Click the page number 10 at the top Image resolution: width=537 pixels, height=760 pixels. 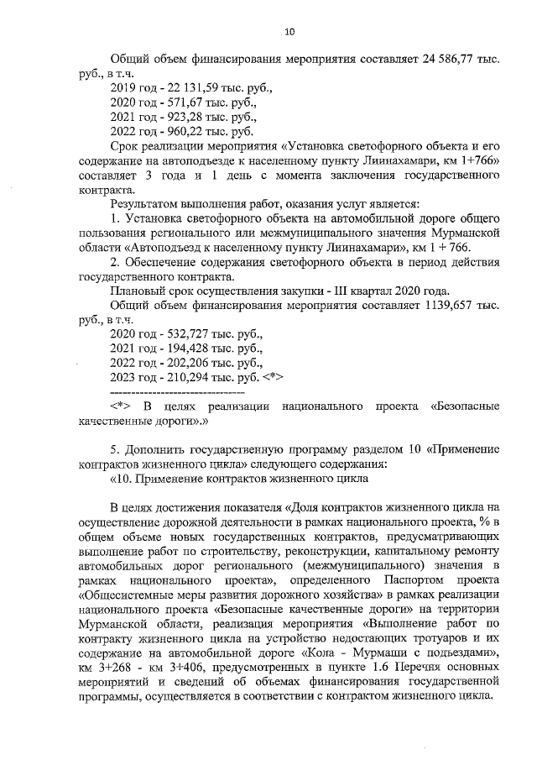289,32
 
